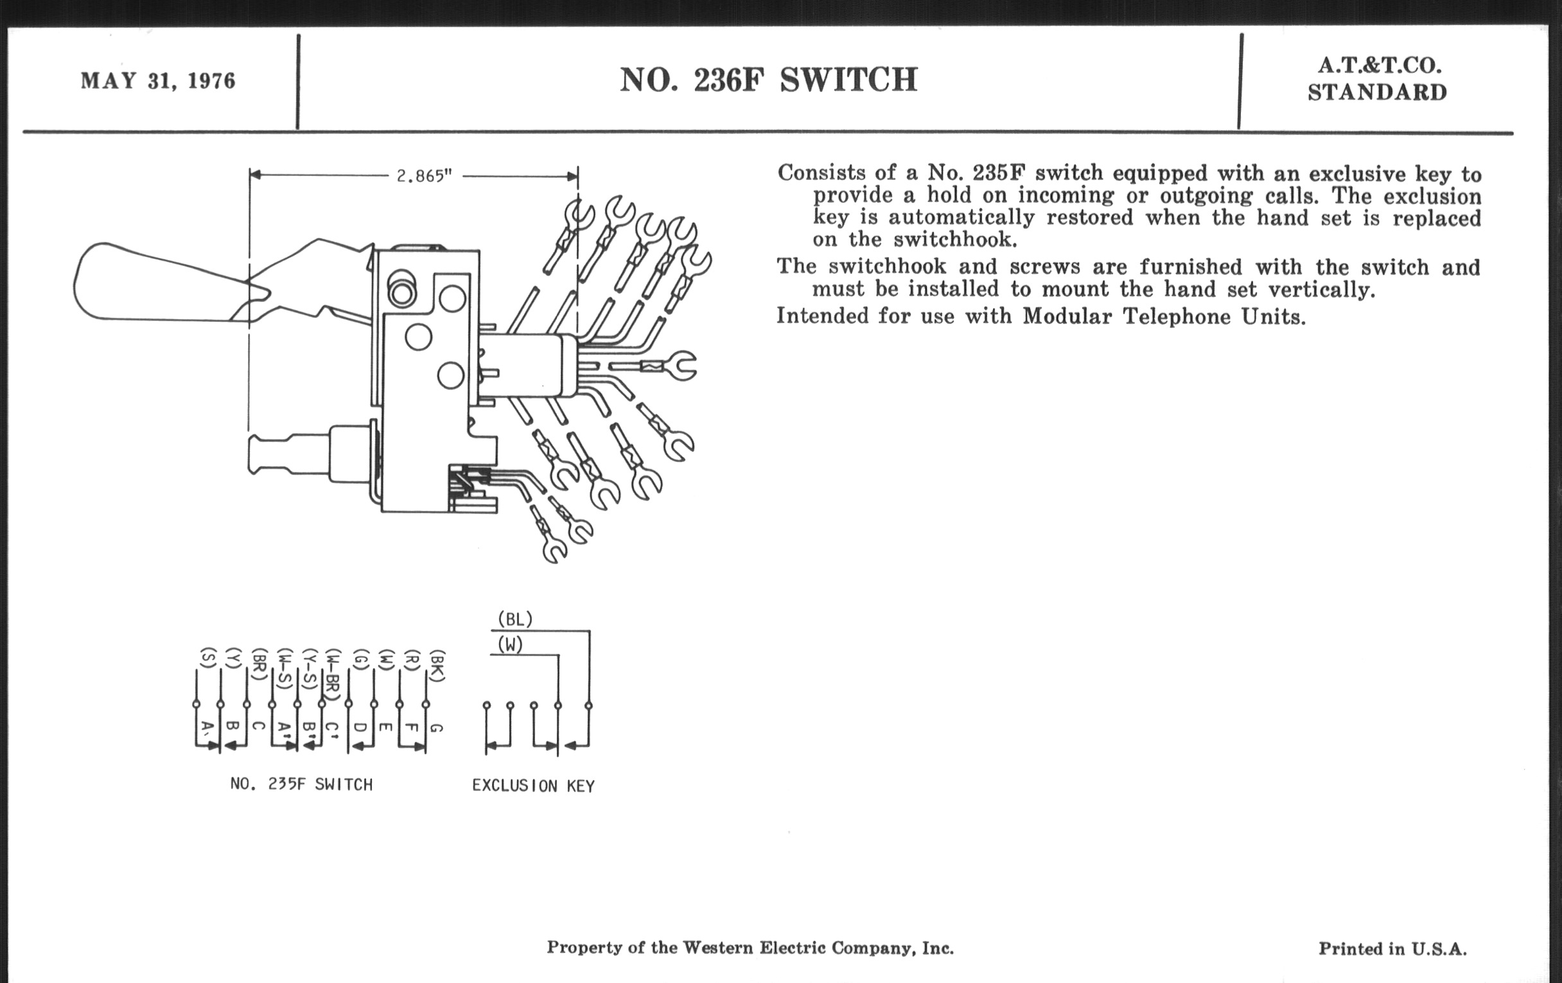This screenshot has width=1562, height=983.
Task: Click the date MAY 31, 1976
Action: tap(157, 81)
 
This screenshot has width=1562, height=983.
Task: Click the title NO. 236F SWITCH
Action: tap(769, 80)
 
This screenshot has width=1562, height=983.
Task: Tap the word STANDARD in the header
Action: tap(1377, 93)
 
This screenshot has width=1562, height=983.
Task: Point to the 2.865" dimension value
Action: tap(425, 177)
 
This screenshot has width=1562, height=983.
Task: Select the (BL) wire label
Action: tap(515, 619)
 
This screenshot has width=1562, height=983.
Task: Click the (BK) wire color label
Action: tap(439, 666)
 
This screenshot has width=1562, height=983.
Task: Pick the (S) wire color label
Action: tap(207, 658)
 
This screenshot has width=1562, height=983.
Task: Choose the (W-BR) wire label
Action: tap(333, 675)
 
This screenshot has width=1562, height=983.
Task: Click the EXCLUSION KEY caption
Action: tap(533, 786)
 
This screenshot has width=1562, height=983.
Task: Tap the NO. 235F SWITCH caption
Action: tap(302, 784)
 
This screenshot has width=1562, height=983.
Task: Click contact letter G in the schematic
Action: tap(437, 728)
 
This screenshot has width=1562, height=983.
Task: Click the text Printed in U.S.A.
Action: tap(1392, 949)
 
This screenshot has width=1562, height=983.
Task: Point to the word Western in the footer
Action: tap(718, 948)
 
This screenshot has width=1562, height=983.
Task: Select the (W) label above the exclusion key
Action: tap(510, 645)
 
